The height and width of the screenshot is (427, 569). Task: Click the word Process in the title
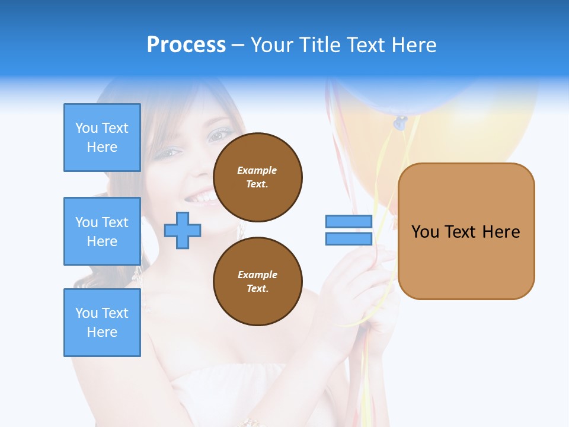pyautogui.click(x=186, y=44)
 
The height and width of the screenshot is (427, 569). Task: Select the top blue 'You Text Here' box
pyautogui.click(x=102, y=138)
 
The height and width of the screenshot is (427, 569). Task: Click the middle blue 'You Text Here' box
pyautogui.click(x=102, y=231)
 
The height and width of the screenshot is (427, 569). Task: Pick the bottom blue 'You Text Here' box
pyautogui.click(x=102, y=323)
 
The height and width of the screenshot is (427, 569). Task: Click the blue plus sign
pyautogui.click(x=183, y=230)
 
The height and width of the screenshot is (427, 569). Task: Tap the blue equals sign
pyautogui.click(x=349, y=230)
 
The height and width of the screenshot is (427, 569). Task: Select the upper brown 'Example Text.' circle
pyautogui.click(x=258, y=177)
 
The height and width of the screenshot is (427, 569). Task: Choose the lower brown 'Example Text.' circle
pyautogui.click(x=258, y=282)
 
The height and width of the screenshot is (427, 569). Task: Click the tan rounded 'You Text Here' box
pyautogui.click(x=466, y=231)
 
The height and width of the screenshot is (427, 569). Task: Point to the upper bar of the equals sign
pyautogui.click(x=349, y=221)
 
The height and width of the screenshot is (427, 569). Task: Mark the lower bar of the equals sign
pyautogui.click(x=349, y=239)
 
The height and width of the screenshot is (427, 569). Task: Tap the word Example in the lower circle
pyautogui.click(x=257, y=275)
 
